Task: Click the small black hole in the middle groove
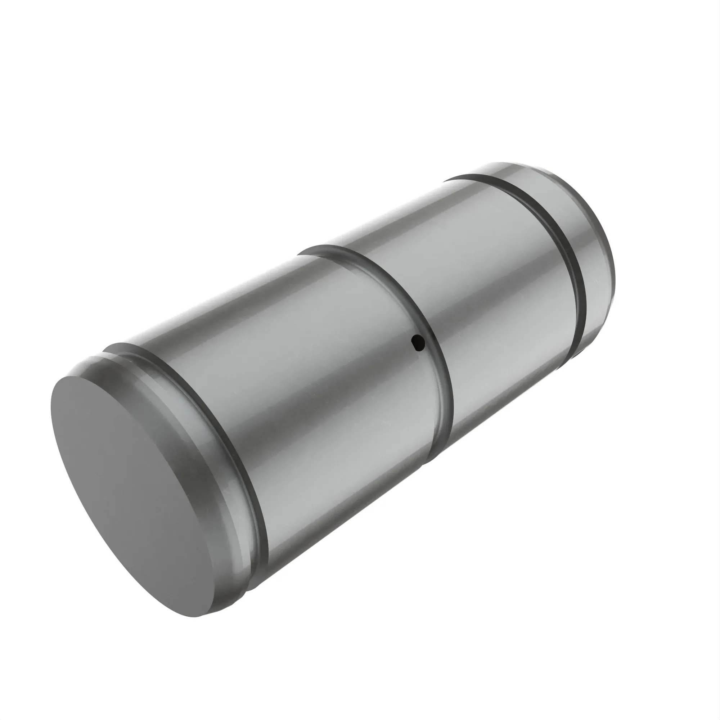[x=418, y=342]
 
